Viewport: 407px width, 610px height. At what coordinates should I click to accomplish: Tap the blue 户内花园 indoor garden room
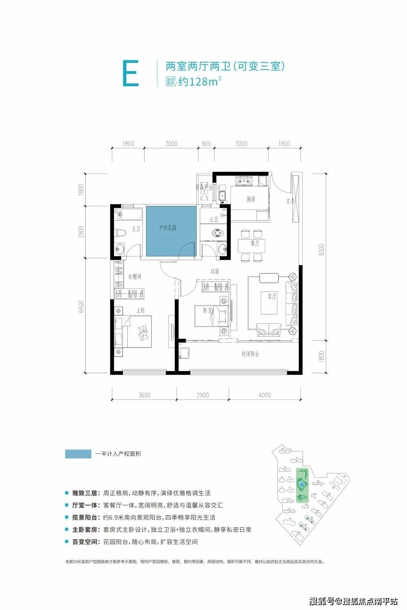tap(171, 232)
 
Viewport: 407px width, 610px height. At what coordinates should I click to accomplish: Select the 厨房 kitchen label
tap(251, 199)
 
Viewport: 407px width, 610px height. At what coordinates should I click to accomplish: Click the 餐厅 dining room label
tap(255, 243)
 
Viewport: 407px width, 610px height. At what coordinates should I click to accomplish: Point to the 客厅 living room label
tap(272, 296)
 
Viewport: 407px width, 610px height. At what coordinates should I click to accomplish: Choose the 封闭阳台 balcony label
tap(250, 354)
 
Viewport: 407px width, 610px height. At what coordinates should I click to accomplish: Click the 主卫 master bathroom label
tap(136, 229)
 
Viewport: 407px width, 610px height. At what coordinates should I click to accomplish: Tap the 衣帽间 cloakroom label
tap(135, 277)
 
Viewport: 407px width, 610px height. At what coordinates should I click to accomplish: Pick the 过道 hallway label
tap(215, 271)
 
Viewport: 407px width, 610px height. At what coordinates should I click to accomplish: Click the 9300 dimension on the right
tap(321, 250)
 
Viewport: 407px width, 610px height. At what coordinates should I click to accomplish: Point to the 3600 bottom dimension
tap(144, 395)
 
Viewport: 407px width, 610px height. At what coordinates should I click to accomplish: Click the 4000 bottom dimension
tap(265, 395)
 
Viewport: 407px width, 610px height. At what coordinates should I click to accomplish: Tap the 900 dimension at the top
tap(206, 143)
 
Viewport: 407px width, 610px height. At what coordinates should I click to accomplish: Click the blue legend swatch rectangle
tap(78, 454)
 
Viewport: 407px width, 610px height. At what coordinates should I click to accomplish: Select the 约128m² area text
tap(199, 81)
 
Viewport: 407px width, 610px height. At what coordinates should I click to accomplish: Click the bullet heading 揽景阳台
tap(86, 517)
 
